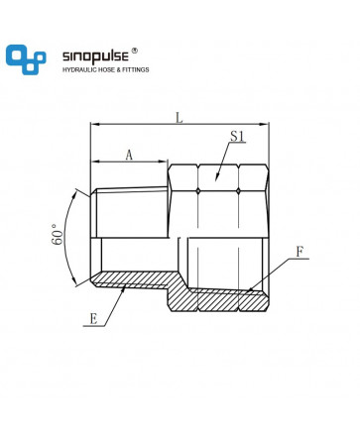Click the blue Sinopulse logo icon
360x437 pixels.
point(26,59)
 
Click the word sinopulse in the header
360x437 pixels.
point(95,56)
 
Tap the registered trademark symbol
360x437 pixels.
point(135,51)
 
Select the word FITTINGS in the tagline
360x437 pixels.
point(136,69)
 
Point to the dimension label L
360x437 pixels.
point(179,118)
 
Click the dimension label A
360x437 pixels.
point(129,155)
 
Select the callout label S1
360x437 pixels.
point(238,136)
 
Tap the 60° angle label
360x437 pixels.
point(58,234)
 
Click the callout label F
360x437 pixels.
point(300,253)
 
